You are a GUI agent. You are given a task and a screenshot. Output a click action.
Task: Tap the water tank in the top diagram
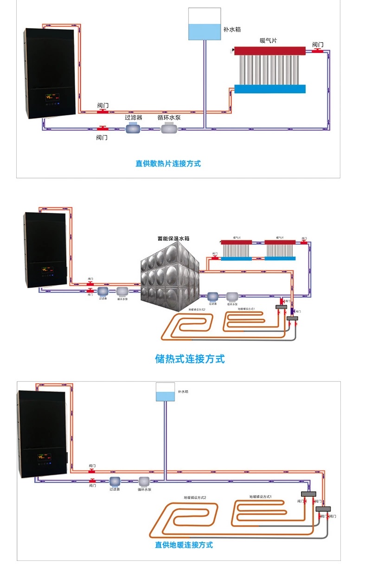(204, 24)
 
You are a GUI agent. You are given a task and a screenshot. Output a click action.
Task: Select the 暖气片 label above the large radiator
(268, 40)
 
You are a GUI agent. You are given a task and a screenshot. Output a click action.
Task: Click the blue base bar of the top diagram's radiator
(270, 89)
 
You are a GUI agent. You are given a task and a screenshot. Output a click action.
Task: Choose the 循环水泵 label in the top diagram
(169, 117)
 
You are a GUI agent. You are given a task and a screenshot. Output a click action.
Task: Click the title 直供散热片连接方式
(168, 163)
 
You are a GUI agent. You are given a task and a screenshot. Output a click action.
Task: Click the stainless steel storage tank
(170, 277)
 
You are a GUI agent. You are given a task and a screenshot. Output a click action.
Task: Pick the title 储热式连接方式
(190, 359)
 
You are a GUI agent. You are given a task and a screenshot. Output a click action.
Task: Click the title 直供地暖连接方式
(184, 545)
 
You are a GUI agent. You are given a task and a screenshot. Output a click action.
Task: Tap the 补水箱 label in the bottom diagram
(183, 392)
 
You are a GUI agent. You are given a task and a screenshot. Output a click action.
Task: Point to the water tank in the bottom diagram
(165, 392)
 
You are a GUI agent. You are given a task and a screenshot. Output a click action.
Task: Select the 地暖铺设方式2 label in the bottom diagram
(195, 498)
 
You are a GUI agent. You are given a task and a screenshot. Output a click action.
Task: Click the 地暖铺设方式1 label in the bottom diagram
(260, 497)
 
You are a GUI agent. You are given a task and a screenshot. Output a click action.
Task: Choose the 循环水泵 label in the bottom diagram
(144, 489)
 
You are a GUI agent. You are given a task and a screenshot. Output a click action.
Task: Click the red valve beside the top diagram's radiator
(318, 50)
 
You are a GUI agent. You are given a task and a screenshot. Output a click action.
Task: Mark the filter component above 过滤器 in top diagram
(132, 128)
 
